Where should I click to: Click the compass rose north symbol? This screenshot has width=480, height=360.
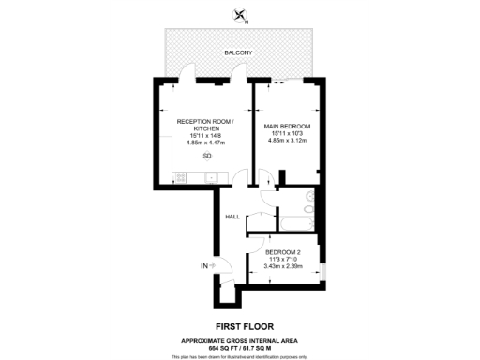pos(241,13)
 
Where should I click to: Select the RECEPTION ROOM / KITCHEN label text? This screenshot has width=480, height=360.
pos(206,125)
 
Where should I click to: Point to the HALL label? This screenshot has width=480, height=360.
pos(232,217)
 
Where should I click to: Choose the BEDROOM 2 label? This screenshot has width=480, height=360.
pos(283,252)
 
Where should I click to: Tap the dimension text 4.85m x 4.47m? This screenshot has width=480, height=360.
pos(206,142)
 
